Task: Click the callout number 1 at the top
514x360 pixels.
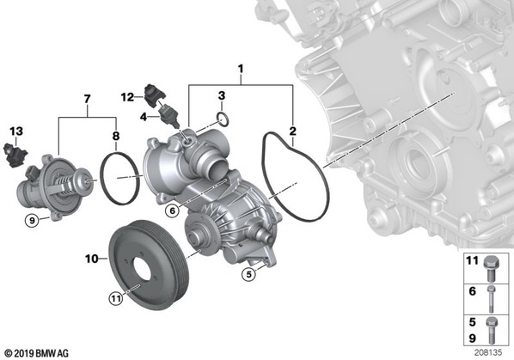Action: [x=241, y=69]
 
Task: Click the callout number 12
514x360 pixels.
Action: [x=127, y=97]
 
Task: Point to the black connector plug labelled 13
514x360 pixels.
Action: [x=15, y=155]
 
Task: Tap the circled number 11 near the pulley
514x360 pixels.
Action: [x=115, y=298]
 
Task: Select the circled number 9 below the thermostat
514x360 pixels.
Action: [x=32, y=221]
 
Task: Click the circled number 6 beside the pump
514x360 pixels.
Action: [x=173, y=211]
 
